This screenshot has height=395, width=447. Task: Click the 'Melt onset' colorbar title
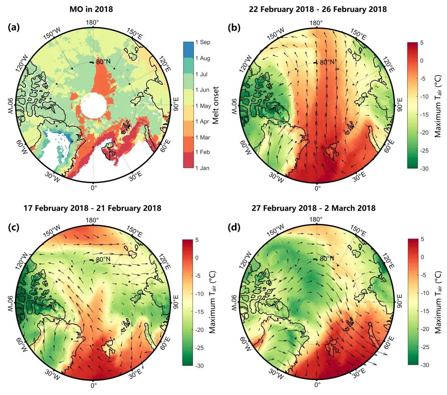[x=216, y=105]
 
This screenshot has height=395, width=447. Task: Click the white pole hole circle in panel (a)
[x=93, y=106]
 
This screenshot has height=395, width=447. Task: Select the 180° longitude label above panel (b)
[x=317, y=23]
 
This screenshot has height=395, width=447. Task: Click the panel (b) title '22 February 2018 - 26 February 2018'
[x=317, y=9]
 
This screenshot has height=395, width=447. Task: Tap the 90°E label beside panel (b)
[x=400, y=106]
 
